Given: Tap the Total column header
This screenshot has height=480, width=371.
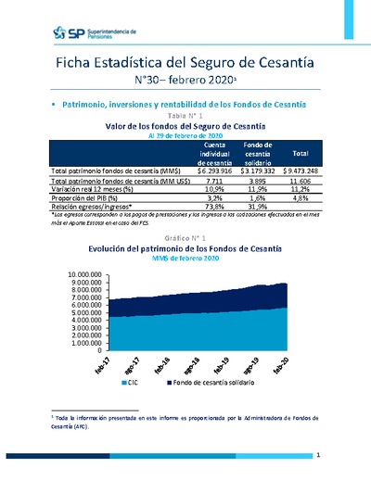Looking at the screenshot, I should [x=300, y=153].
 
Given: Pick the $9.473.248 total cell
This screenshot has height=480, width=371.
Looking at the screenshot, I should [x=300, y=171].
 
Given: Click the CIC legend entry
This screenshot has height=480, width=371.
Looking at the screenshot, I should [x=131, y=381].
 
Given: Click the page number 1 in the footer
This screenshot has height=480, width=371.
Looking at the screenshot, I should [x=318, y=456].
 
